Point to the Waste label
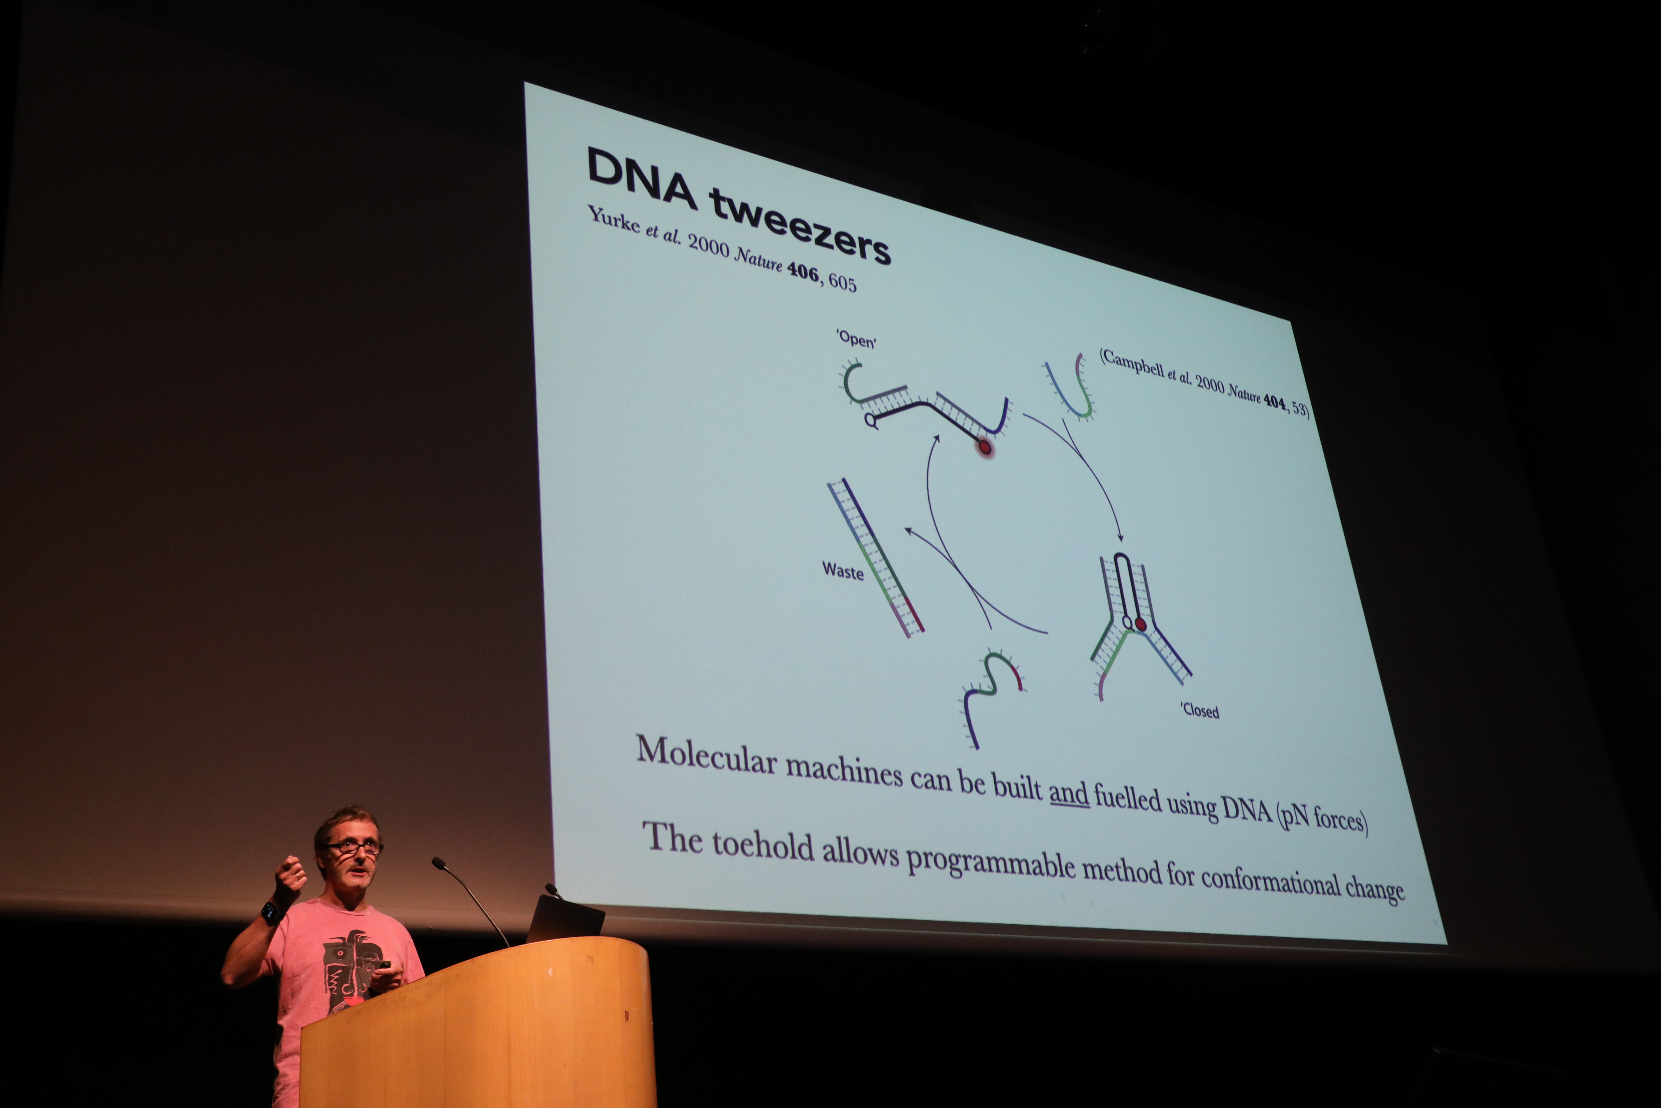click(x=843, y=570)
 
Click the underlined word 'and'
click(x=1069, y=794)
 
